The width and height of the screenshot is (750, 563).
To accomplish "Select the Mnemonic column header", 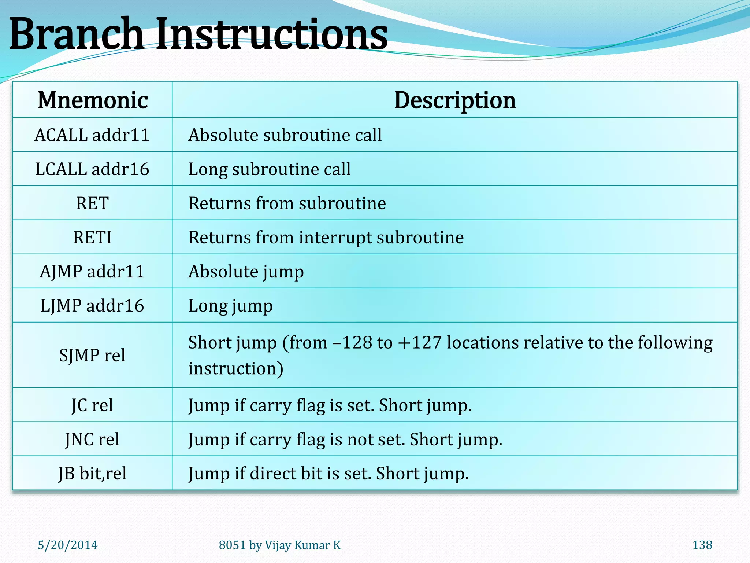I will pos(93,100).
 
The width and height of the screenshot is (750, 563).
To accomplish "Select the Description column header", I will pos(454,100).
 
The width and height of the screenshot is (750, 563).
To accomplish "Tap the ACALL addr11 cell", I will pos(92,135).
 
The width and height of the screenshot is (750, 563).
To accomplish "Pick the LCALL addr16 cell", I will pos(92,169).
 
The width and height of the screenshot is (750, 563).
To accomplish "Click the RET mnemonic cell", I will pos(92,203).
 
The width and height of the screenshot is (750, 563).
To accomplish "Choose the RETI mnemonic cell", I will pos(92,237).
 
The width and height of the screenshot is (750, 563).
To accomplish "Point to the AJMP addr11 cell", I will pos(92,272).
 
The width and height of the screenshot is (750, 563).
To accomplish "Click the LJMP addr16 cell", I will pos(92,306).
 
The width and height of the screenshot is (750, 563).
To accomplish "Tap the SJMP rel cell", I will pos(92,355).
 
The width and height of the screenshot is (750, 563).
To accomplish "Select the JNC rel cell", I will pos(92,439).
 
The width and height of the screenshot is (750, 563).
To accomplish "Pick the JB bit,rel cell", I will pos(92,473).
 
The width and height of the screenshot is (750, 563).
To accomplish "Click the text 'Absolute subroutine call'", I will pos(285,135).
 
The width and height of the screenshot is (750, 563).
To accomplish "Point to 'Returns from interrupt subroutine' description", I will pos(326,237).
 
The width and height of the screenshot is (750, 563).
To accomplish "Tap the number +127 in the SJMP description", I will pos(420,343).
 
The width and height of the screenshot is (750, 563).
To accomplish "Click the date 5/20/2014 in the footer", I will pos(68,545).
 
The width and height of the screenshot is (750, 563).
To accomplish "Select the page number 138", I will pos(702,545).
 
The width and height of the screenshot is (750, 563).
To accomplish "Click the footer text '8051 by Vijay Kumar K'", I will pos(280,545).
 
